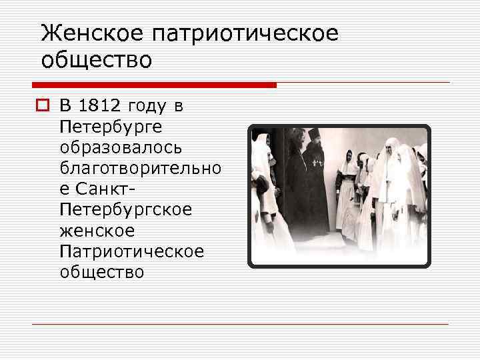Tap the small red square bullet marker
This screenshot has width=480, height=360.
[x=45, y=105]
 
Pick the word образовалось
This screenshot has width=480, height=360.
[x=119, y=147]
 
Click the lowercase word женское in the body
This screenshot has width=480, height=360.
[x=97, y=231]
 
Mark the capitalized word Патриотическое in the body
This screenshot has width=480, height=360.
[x=131, y=251]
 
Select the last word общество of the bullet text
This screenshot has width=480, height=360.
[x=101, y=272]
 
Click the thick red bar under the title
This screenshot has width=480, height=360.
[x=154, y=85]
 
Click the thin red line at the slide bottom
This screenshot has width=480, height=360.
[x=240, y=325]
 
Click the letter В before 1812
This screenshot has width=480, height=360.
[x=65, y=105]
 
